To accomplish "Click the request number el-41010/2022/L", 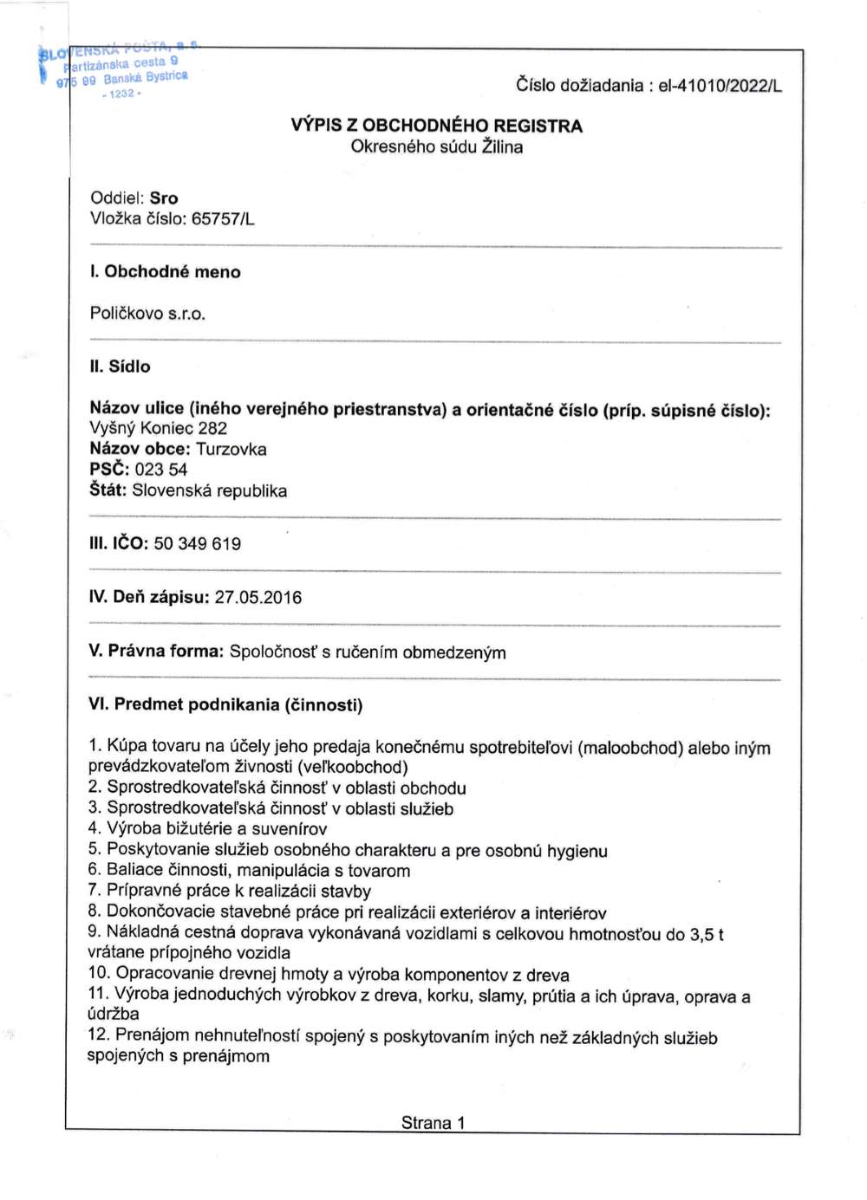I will click(x=720, y=86).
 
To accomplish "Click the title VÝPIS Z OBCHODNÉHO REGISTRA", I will click(x=436, y=126).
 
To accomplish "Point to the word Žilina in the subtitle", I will click(x=502, y=147).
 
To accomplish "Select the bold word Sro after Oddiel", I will click(x=164, y=198).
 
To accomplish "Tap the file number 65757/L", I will click(x=223, y=219).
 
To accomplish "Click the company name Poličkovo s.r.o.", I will click(x=147, y=314).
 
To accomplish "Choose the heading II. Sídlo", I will click(x=120, y=366).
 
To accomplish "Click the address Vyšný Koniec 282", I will click(x=158, y=428).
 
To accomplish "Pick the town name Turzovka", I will click(x=231, y=449).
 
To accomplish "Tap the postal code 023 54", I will click(x=160, y=470).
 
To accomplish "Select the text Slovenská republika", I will click(x=209, y=490).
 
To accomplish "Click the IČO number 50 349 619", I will click(x=198, y=544).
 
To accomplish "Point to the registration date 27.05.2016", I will click(x=258, y=598).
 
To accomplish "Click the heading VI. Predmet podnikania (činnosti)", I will click(x=225, y=704).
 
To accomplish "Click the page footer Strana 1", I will click(x=433, y=1123).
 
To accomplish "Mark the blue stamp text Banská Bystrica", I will click(x=145, y=78).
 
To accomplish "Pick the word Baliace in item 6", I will click(x=134, y=870).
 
